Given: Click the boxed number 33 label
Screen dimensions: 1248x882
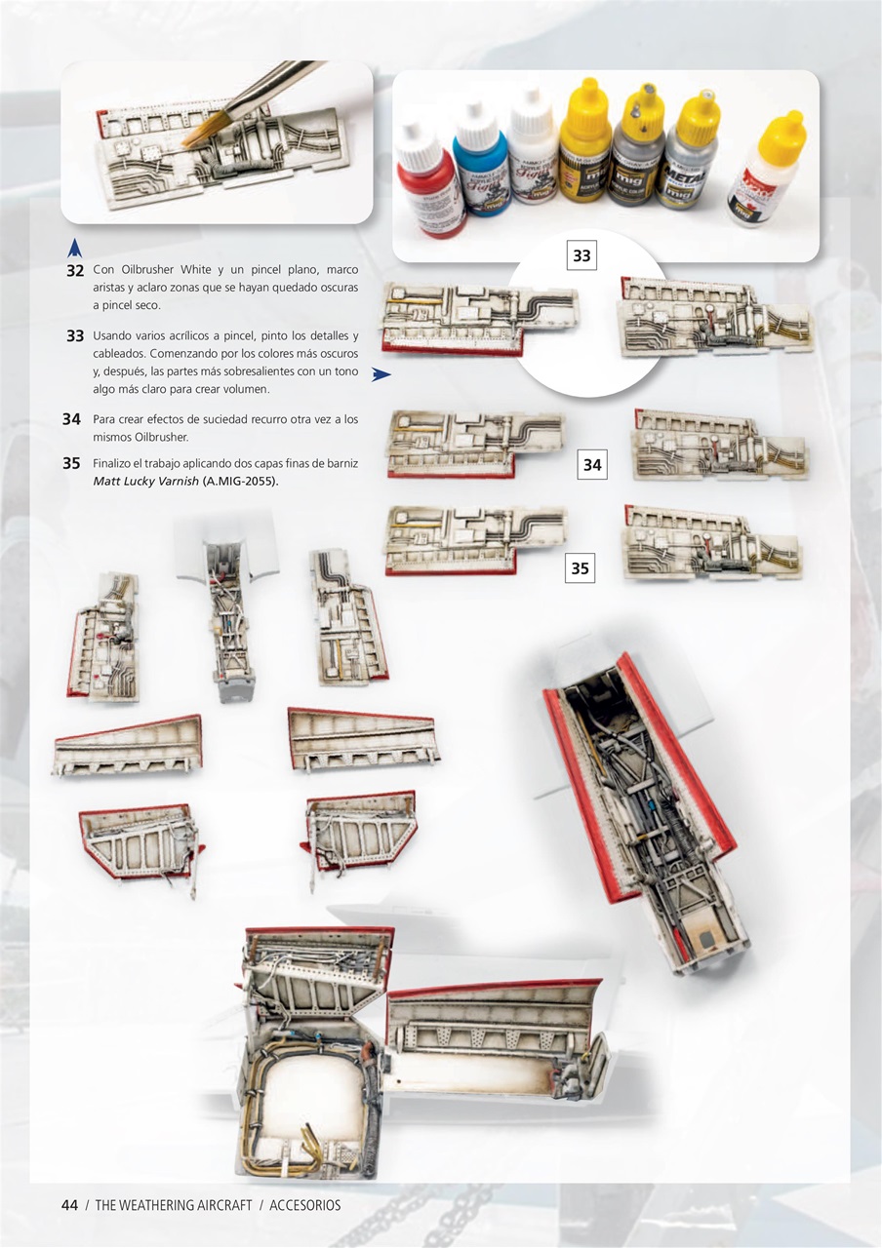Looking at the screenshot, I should pyautogui.click(x=581, y=255).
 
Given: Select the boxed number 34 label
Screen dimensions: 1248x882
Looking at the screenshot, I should pyautogui.click(x=592, y=465).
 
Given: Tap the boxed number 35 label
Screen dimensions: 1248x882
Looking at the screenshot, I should pyautogui.click(x=580, y=567).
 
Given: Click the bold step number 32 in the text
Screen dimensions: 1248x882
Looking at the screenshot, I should pyautogui.click(x=74, y=270).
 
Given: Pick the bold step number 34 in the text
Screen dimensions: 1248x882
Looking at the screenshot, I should pyautogui.click(x=71, y=419).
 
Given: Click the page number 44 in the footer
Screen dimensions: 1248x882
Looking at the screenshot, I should pyautogui.click(x=69, y=1205).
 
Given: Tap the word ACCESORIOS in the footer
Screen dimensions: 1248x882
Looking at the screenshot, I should pyautogui.click(x=305, y=1205).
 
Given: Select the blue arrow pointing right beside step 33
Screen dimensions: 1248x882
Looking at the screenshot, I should pyautogui.click(x=381, y=372).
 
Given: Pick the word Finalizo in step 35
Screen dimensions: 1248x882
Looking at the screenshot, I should pyautogui.click(x=113, y=463).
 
